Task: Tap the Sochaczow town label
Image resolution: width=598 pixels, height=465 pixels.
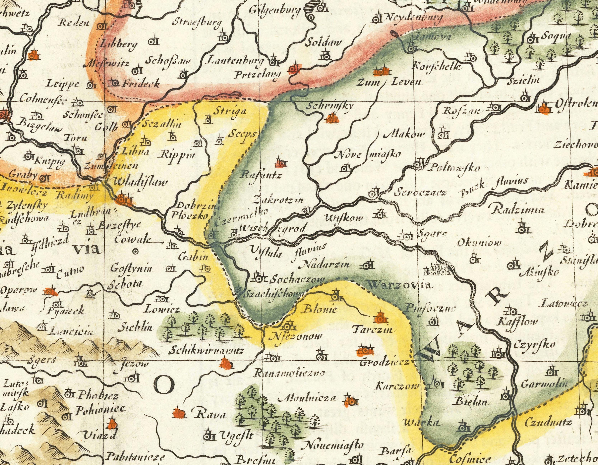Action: tap(297, 280)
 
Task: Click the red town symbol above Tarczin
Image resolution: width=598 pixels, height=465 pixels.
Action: tap(380, 318)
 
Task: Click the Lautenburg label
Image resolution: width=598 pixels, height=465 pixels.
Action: tap(232, 60)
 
